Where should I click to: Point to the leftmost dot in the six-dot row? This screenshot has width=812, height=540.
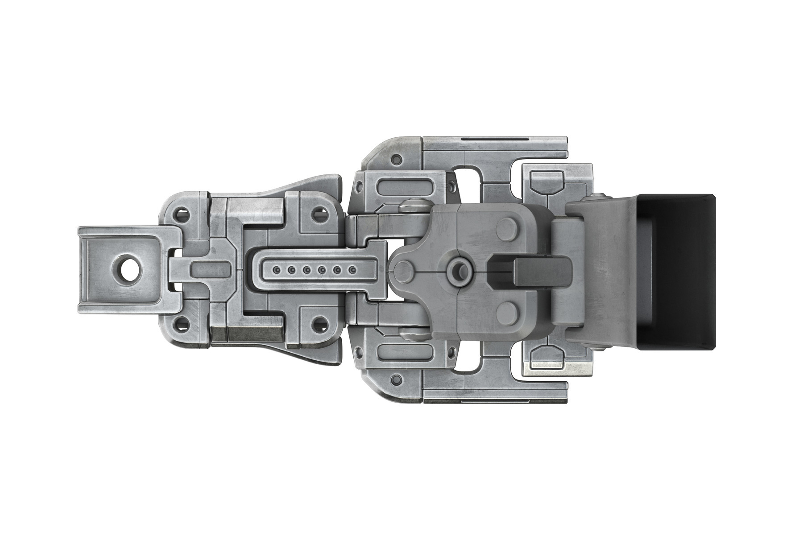[x=277, y=270]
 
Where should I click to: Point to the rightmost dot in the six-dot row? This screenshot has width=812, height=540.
[x=352, y=270]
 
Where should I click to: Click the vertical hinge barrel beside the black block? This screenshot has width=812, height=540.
[x=566, y=271]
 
